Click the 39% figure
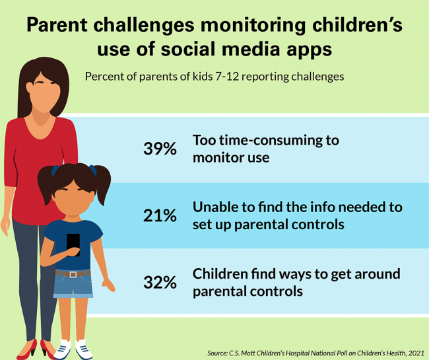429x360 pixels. click(x=160, y=149)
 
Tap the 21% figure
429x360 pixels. click(x=160, y=215)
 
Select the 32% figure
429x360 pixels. click(x=160, y=282)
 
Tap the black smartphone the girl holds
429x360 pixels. click(x=73, y=244)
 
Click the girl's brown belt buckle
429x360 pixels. click(x=73, y=273)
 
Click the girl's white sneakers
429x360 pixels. click(x=73, y=349)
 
